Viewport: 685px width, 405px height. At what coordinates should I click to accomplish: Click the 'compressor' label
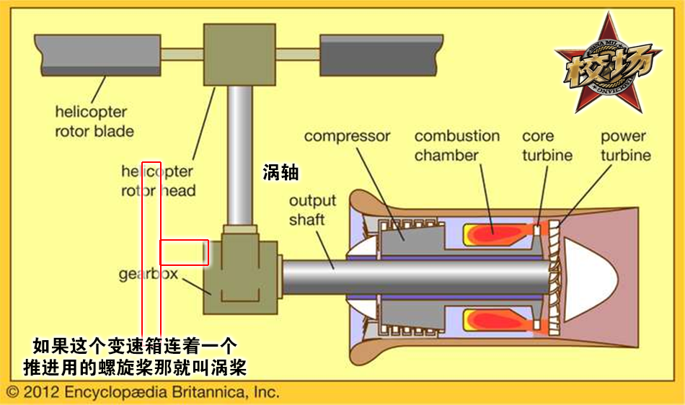coord(347,136)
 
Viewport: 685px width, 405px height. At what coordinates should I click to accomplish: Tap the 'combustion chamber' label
coord(456,145)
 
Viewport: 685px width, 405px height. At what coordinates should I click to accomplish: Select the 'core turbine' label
coord(547,145)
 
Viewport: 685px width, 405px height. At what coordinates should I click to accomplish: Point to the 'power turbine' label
coord(625,145)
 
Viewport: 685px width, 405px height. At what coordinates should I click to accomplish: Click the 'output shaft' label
coord(307,209)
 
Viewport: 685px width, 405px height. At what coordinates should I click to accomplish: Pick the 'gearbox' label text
coord(148,275)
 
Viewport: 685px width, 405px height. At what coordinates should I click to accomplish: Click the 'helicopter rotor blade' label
coord(94,121)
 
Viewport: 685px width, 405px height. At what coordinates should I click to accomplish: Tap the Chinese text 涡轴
coord(281,172)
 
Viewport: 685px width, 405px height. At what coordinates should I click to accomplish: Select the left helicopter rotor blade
coord(97,54)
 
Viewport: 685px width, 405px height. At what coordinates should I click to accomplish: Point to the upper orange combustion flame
coord(494,233)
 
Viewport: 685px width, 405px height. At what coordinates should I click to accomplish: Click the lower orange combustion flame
coord(494,319)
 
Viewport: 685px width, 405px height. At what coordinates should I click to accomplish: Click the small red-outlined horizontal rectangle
coord(184,252)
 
